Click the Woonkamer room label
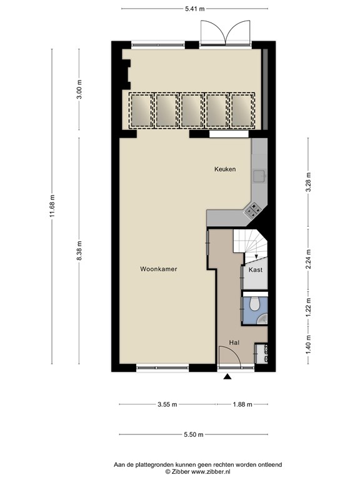pyautogui.click(x=159, y=269)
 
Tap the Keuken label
pyautogui.click(x=225, y=169)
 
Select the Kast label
pyautogui.click(x=255, y=270)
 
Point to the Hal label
pyautogui.click(x=234, y=342)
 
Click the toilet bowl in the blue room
pyautogui.click(x=254, y=304)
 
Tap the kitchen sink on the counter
pyautogui.click(x=259, y=176)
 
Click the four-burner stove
pyautogui.click(x=253, y=211)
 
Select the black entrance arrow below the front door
pyautogui.click(x=227, y=376)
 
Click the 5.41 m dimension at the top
pyautogui.click(x=195, y=9)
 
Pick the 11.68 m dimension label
pyautogui.click(x=52, y=206)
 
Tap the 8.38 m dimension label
pyautogui.click(x=79, y=251)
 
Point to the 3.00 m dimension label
pyautogui.click(x=79, y=89)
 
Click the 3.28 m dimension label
pyautogui.click(x=309, y=182)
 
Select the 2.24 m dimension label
pyautogui.click(x=309, y=259)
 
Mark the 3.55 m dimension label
pyautogui.click(x=167, y=404)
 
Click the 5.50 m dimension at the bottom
pyautogui.click(x=194, y=434)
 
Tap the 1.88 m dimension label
pyautogui.click(x=242, y=404)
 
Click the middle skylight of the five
pyautogui.click(x=192, y=110)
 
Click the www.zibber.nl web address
pyautogui.click(x=211, y=472)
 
